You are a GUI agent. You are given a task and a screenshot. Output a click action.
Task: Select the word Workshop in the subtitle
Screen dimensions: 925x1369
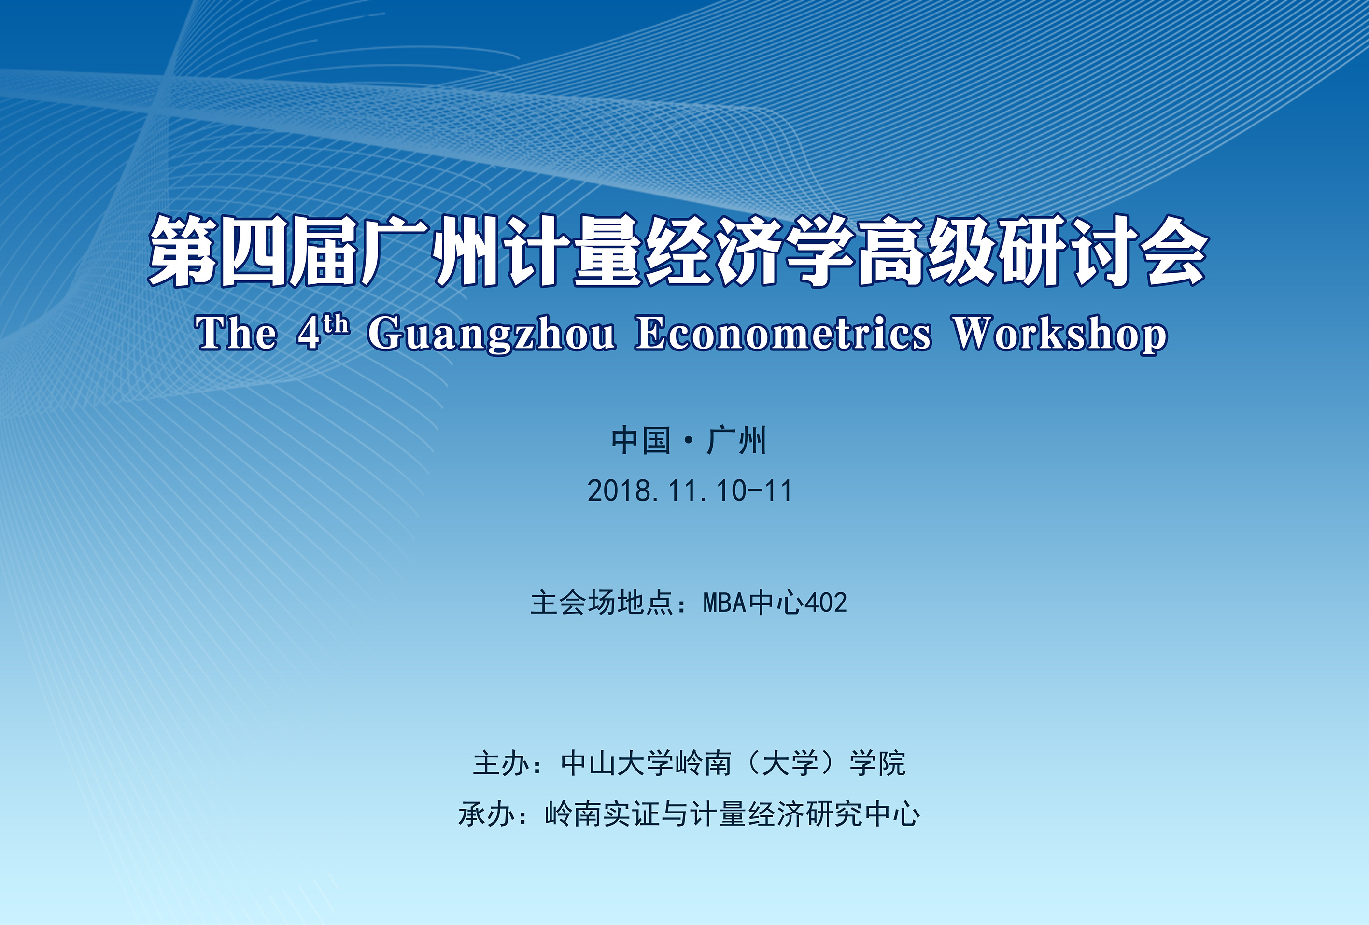click(1060, 334)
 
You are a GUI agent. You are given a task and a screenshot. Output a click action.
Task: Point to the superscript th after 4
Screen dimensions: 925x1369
click(336, 324)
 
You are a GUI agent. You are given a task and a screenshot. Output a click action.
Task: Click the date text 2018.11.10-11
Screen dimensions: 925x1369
click(690, 491)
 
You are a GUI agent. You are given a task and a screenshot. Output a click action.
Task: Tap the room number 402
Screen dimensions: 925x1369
click(826, 603)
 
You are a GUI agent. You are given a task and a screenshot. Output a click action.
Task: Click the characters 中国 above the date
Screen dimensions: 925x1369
click(641, 440)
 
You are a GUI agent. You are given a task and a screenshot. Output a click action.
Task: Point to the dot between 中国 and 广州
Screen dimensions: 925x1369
click(688, 441)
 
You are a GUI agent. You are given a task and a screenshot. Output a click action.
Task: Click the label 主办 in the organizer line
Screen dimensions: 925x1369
click(501, 763)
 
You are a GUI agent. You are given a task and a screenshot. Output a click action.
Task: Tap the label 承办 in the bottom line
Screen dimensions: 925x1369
click(487, 815)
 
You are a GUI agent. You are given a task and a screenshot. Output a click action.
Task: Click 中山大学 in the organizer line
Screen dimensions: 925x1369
click(617, 763)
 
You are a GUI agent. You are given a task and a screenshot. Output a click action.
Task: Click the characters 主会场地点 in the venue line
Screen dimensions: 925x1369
click(601, 603)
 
